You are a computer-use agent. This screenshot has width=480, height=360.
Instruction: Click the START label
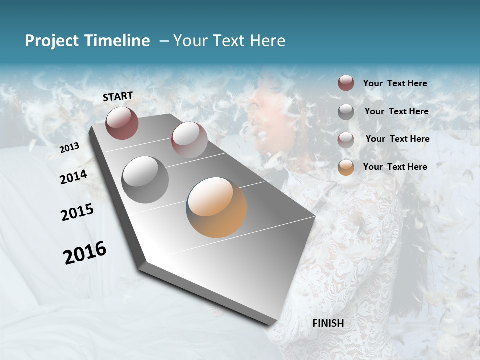click(x=118, y=96)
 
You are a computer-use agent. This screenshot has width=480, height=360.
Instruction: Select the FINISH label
click(x=328, y=323)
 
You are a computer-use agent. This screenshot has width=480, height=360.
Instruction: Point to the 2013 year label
click(x=70, y=147)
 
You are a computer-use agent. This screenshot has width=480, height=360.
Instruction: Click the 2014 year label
click(x=74, y=177)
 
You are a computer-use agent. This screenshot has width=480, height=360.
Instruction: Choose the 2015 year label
click(x=77, y=212)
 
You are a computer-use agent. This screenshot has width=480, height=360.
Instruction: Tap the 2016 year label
click(x=85, y=252)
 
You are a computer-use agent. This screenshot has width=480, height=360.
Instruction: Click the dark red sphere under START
click(x=122, y=123)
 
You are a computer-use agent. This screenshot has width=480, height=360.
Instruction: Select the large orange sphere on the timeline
click(x=216, y=207)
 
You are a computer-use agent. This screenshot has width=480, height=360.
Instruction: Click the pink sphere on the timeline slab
click(x=189, y=140)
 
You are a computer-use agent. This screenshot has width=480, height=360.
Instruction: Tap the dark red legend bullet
click(x=346, y=83)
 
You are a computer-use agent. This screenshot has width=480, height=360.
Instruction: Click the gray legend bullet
click(x=346, y=111)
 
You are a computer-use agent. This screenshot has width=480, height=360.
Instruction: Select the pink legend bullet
click(x=346, y=139)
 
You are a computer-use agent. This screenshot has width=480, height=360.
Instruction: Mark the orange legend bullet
click(x=346, y=167)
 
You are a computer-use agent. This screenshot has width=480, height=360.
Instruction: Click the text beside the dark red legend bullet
click(x=395, y=84)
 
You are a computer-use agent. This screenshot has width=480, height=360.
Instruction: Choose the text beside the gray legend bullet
click(x=396, y=111)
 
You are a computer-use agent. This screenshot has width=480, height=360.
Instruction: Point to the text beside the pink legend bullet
click(x=397, y=139)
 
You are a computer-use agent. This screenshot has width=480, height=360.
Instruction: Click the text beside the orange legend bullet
click(x=395, y=167)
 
